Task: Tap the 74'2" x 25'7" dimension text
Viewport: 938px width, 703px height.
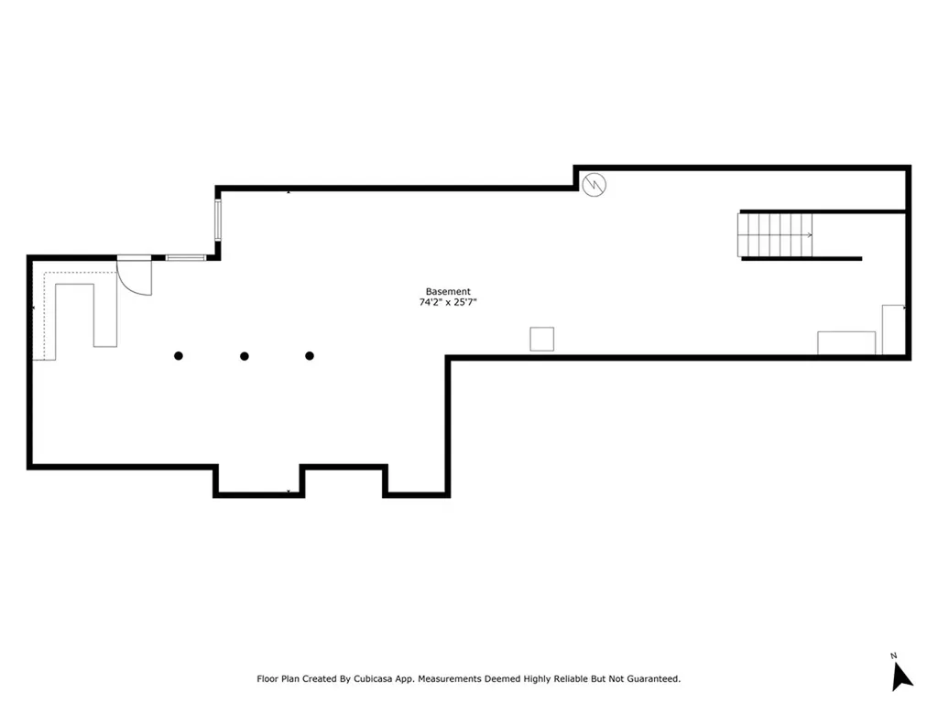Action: pos(448,302)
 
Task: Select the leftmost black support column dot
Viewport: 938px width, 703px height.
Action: pos(179,356)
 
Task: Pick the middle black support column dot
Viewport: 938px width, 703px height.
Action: pos(245,356)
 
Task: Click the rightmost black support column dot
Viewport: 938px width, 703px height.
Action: pos(310,356)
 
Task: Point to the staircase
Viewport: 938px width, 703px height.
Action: pos(775,235)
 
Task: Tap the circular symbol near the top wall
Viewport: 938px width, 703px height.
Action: pos(594,185)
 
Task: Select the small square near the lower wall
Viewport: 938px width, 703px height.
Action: pos(542,339)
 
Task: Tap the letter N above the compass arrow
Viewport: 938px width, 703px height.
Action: pos(893,655)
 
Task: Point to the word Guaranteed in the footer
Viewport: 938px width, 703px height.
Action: pos(650,679)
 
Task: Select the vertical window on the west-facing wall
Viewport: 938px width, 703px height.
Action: pos(218,221)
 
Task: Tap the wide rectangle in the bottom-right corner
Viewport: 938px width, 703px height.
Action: pos(845,342)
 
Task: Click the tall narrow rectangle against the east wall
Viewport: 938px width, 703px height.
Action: pos(892,330)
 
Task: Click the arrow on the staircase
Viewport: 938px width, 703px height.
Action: pos(808,235)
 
